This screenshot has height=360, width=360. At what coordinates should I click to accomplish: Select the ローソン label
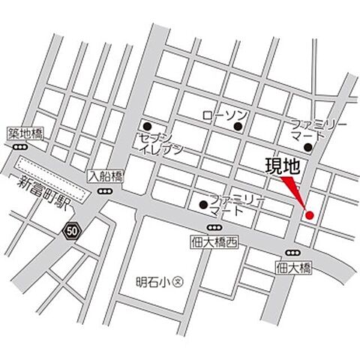225,115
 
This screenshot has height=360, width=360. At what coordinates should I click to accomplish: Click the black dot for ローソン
238,126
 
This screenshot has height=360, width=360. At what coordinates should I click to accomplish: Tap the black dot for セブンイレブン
147,126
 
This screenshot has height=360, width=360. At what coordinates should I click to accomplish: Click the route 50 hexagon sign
71,229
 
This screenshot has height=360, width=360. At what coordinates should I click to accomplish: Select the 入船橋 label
104,177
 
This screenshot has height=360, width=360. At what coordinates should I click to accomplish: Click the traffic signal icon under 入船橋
104,191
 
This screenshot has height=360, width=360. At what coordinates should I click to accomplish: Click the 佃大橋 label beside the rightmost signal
292,266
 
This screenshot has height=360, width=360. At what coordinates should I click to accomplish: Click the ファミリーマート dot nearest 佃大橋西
202,203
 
